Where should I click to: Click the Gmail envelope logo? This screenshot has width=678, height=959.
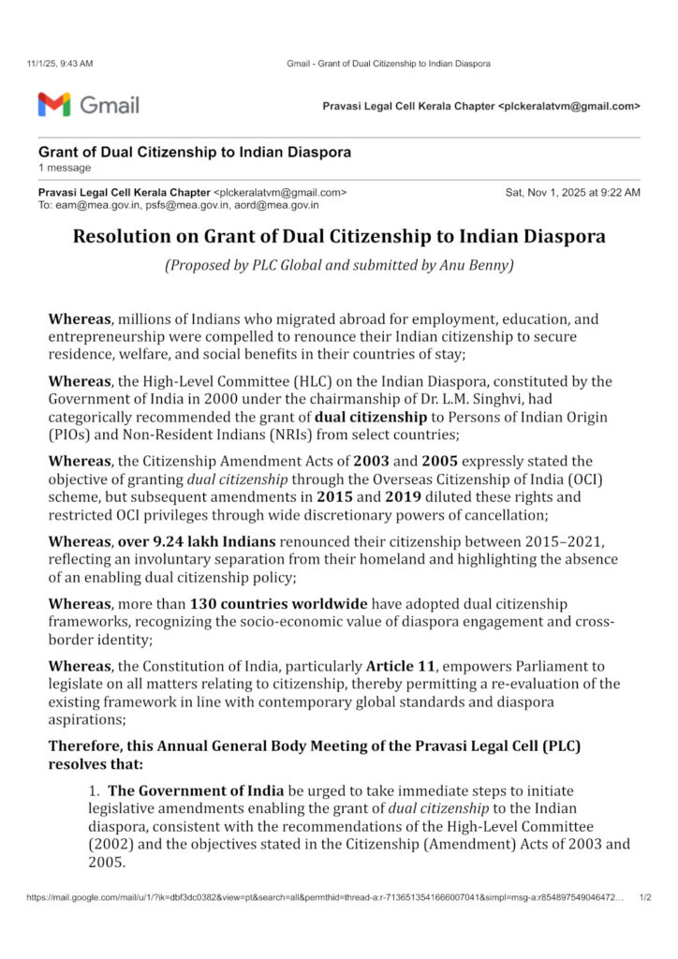point(54,104)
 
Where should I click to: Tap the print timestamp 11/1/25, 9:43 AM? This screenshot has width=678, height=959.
point(59,64)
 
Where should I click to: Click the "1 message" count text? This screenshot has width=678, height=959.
point(65,168)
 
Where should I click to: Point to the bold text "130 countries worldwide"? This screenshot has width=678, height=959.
point(278,604)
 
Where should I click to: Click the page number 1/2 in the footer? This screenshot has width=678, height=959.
point(645,897)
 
